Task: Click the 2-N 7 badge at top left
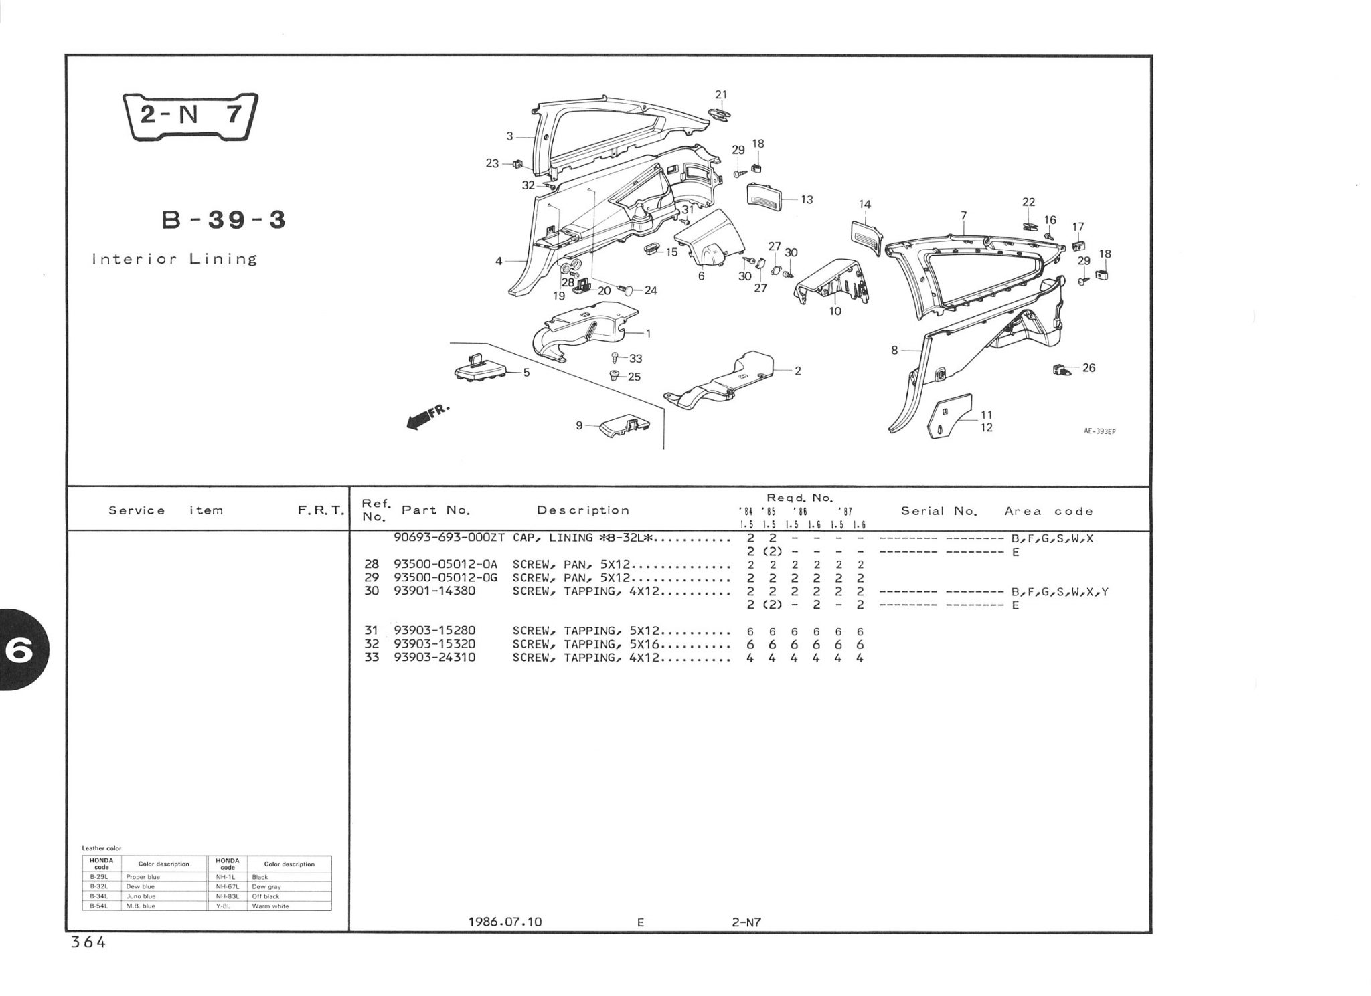pos(190,116)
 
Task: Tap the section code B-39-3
pos(224,220)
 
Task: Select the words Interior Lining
pos(175,260)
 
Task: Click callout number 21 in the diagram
pos(720,95)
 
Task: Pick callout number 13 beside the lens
pos(807,199)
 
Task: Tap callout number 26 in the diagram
pos(1088,367)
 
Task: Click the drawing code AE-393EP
pos(1099,431)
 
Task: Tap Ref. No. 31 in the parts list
pos(372,631)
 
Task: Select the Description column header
pos(583,510)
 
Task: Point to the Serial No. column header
pos(939,511)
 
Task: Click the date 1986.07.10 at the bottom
pos(505,922)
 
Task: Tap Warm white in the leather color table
pos(270,906)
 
